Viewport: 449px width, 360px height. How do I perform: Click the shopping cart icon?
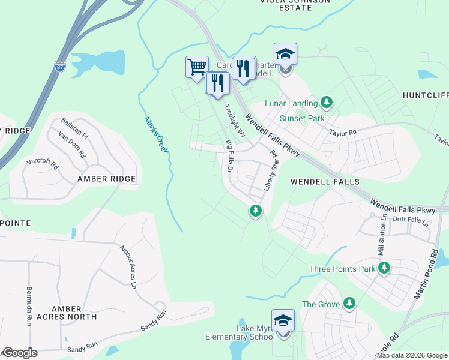[197, 67]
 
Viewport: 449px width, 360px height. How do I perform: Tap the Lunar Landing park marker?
[327, 103]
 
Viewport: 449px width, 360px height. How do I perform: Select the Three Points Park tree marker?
[383, 268]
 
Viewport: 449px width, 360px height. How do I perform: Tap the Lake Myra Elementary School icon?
[283, 322]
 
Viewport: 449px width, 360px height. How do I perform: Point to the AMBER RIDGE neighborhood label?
[106, 179]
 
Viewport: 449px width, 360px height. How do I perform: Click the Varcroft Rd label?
[42, 163]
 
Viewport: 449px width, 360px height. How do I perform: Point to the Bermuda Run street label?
[29, 306]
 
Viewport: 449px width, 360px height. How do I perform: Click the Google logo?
[20, 353]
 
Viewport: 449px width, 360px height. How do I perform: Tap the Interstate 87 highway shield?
[60, 67]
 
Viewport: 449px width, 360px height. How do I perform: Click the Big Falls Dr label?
[229, 157]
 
